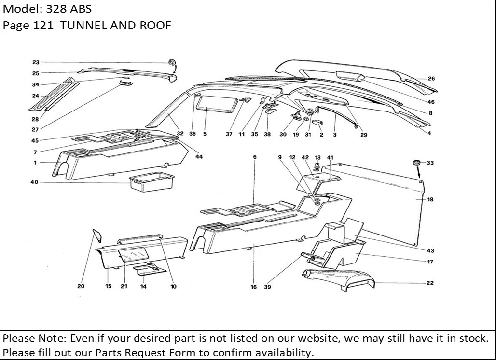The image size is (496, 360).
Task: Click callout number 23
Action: [36, 62]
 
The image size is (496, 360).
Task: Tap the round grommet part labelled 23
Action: [172, 62]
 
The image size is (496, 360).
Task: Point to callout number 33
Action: [430, 163]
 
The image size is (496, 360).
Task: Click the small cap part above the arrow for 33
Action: [416, 161]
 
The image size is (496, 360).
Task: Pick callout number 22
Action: [430, 283]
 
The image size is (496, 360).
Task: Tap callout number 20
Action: [82, 286]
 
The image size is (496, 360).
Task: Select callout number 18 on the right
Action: [430, 199]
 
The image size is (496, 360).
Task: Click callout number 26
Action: [431, 79]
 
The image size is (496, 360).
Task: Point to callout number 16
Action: [254, 287]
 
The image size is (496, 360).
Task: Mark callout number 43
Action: [430, 250]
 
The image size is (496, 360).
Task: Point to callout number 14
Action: [143, 286]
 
